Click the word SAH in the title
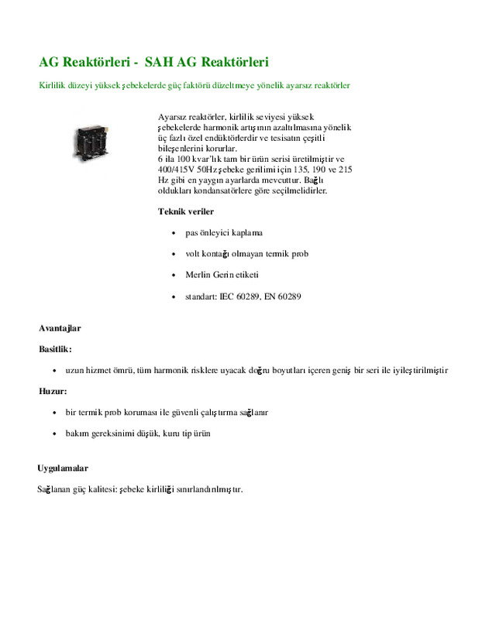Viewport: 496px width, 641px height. point(159,61)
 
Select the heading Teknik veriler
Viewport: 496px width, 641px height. point(186,211)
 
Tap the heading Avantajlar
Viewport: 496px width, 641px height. point(60,328)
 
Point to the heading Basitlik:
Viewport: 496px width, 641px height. point(55,349)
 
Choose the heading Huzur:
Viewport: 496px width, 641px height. point(53,391)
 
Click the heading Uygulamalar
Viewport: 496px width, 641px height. point(63,468)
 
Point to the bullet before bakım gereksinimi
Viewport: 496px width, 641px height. point(54,434)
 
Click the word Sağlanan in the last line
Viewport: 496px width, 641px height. point(54,489)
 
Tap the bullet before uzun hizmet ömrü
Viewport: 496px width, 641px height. point(54,371)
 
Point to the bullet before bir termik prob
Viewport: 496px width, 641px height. point(54,413)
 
